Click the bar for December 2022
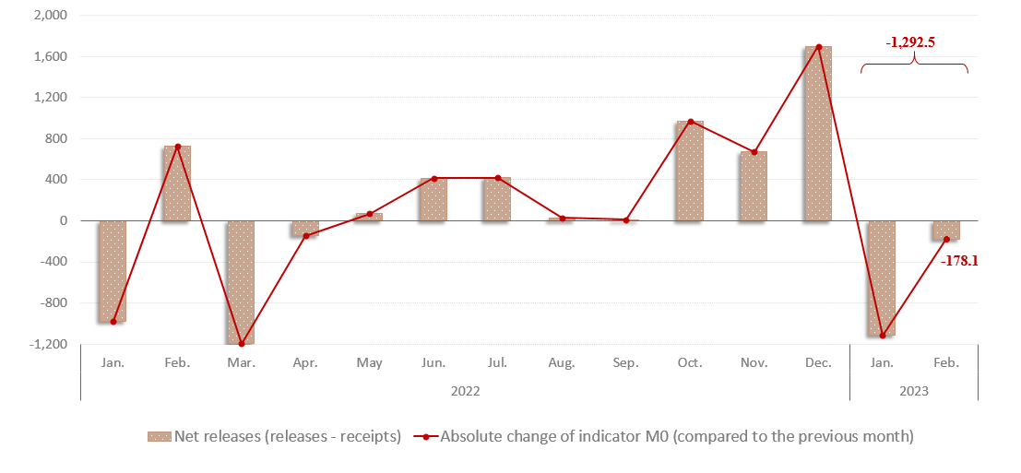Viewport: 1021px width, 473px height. tap(818, 134)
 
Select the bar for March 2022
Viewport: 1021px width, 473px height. tap(241, 282)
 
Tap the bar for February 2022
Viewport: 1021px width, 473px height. tap(177, 183)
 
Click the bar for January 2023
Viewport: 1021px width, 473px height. tap(882, 278)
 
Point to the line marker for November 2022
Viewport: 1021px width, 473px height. tap(754, 152)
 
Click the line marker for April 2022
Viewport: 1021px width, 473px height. tap(305, 236)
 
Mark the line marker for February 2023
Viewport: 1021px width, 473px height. tap(946, 240)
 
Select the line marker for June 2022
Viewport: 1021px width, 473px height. tap(433, 178)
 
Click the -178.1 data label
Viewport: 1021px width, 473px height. tap(959, 261)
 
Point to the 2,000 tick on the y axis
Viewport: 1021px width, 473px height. tap(51, 16)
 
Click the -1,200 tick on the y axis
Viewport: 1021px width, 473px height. tap(49, 344)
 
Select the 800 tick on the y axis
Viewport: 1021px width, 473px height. tap(56, 138)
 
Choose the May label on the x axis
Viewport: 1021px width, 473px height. tap(369, 363)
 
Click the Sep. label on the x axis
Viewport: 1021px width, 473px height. tap(625, 363)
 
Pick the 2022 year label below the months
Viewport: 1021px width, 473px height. tap(465, 391)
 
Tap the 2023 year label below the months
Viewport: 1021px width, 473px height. tap(913, 391)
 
